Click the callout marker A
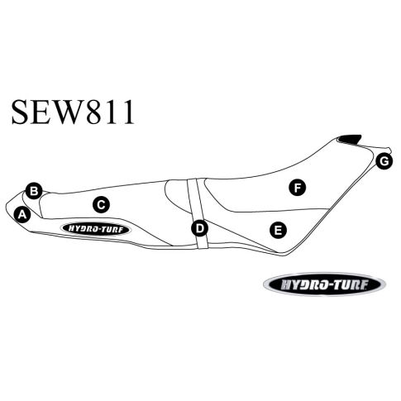click(x=22, y=214)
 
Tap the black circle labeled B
click(x=34, y=191)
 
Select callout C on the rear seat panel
click(x=101, y=205)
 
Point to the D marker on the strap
click(x=200, y=228)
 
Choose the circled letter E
click(x=278, y=230)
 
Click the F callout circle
click(x=297, y=188)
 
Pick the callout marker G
click(x=384, y=161)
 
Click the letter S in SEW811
click(x=20, y=112)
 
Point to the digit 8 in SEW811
click(x=94, y=112)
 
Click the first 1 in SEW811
click(x=110, y=112)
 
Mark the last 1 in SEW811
click(x=127, y=112)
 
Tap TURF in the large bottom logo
click(x=349, y=284)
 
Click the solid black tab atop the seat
click(x=350, y=139)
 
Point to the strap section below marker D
click(x=202, y=241)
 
